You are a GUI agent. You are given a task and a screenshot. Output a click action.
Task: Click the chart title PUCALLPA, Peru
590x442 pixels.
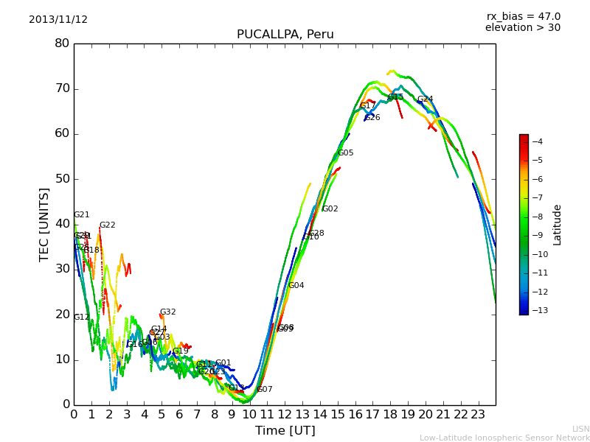285,35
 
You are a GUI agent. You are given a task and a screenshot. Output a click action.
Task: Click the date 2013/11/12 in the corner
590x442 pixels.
58,20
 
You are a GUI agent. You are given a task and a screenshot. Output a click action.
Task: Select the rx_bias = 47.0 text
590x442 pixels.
523,16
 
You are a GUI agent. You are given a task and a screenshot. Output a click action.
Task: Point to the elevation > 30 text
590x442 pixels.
522,28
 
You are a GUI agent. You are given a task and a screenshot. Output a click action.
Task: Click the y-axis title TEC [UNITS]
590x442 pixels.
45,224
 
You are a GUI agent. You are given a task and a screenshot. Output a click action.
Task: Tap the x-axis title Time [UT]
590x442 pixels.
285,430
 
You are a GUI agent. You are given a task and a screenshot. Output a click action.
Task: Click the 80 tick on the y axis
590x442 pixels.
62,43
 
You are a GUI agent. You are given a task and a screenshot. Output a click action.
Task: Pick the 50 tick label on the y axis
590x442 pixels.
62,179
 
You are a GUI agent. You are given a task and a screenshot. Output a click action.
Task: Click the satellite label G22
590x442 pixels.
108,225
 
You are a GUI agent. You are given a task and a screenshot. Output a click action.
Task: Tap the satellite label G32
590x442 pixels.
168,312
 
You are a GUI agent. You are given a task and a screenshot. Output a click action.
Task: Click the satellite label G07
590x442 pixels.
265,390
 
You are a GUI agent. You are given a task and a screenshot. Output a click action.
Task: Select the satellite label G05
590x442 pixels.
346,153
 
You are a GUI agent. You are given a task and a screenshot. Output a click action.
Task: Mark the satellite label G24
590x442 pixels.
426,99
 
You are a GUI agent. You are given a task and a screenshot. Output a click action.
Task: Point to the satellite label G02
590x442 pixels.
330,209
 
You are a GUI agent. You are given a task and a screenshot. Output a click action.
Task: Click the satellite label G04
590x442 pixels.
296,286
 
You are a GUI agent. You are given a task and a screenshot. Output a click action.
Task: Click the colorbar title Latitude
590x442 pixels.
558,225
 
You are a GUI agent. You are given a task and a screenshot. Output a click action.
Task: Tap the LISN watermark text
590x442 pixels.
580,429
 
